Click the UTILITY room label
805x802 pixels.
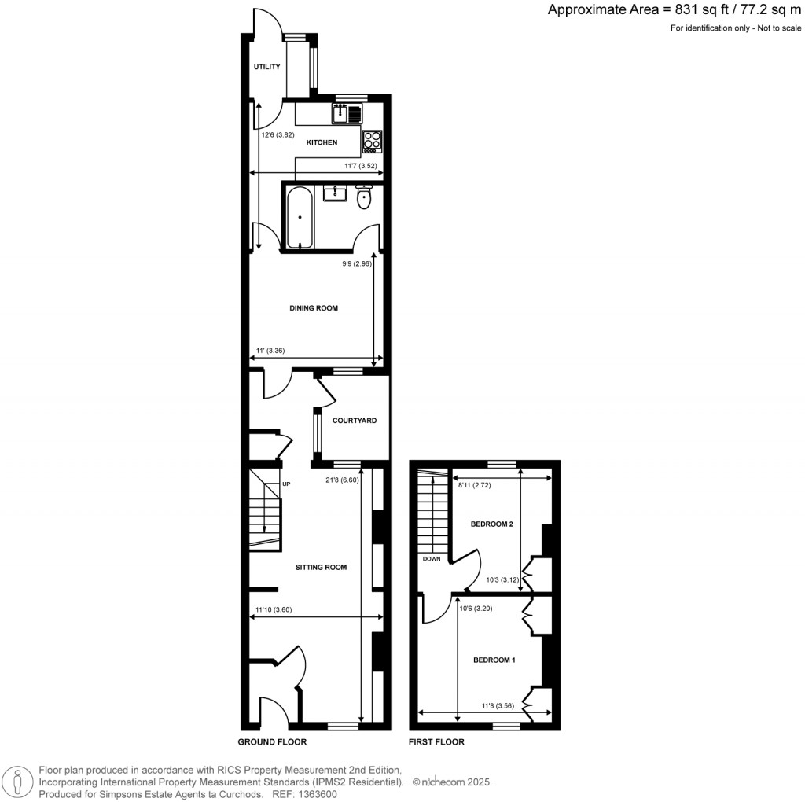[266, 68]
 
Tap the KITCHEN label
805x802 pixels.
[322, 142]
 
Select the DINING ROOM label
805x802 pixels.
[314, 308]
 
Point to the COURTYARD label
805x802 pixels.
[355, 421]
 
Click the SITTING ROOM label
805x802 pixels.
[321, 567]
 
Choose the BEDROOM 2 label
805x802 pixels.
[491, 524]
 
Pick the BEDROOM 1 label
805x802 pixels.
[494, 660]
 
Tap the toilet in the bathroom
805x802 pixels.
[363, 198]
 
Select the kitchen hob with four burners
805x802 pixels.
[372, 141]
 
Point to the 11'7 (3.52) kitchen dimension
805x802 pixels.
[361, 166]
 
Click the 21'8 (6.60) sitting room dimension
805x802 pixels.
[341, 480]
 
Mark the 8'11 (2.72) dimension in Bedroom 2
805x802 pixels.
[475, 485]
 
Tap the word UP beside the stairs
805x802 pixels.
[286, 484]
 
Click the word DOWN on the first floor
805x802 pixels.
[432, 559]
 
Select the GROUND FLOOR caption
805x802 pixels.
[272, 741]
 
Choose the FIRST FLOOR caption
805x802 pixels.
[436, 741]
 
